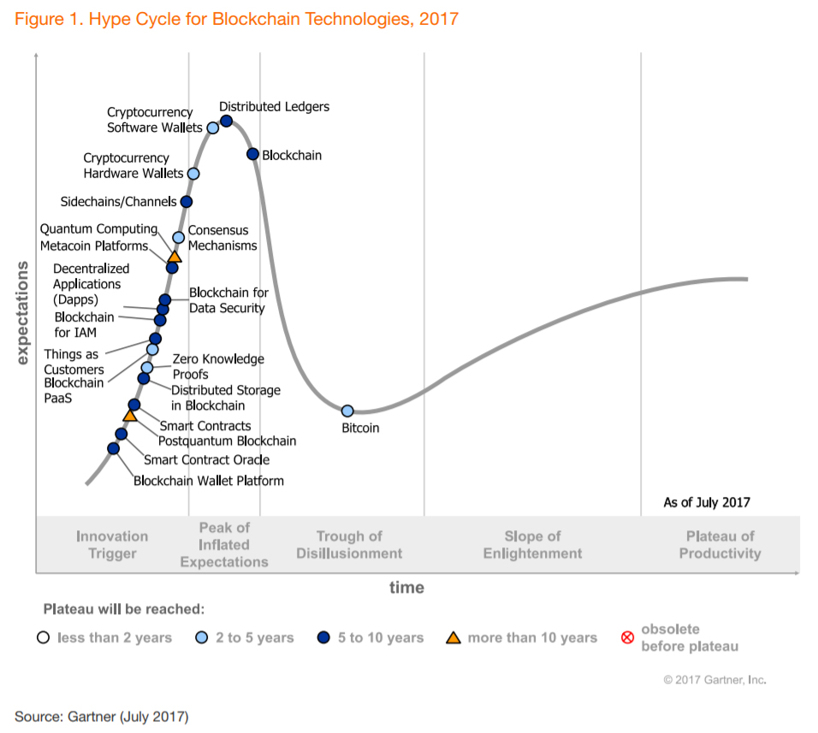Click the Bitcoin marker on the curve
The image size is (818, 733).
(347, 411)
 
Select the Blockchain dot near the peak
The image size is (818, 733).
(252, 154)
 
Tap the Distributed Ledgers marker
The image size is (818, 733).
(227, 121)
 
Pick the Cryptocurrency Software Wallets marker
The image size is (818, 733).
(213, 128)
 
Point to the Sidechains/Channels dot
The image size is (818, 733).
(187, 202)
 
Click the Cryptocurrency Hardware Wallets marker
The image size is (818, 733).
(193, 174)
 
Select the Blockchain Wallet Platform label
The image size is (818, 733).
(208, 481)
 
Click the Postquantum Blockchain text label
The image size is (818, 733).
(227, 441)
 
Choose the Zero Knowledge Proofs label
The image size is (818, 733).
(218, 367)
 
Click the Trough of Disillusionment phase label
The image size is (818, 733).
(349, 545)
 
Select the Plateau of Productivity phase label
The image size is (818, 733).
(720, 545)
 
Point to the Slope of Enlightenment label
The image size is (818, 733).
(532, 545)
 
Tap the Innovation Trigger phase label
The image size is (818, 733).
(112, 545)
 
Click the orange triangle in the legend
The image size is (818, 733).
(453, 637)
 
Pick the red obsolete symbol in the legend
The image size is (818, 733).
(626, 637)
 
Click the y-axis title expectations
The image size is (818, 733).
(23, 313)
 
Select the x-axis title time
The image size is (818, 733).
(406, 587)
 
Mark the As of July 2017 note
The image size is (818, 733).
(706, 502)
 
